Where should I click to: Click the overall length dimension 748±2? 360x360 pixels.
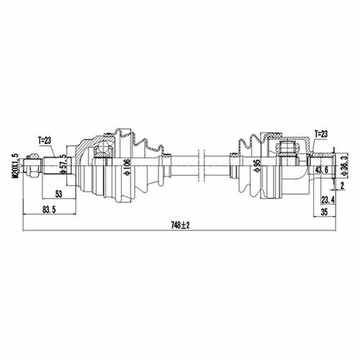point(180,225)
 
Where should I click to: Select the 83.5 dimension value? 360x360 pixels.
point(49,210)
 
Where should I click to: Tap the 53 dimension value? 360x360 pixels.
point(58,194)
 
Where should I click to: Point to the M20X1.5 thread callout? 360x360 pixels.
point(16,166)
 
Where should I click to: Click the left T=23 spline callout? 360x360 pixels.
point(45,140)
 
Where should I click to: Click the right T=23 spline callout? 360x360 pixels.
point(321,134)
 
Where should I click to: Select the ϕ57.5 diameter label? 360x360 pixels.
point(63,164)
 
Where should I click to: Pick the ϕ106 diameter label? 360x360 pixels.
point(127,166)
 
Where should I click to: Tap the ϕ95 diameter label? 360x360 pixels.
point(257,166)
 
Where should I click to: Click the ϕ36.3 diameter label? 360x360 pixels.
point(345,166)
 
